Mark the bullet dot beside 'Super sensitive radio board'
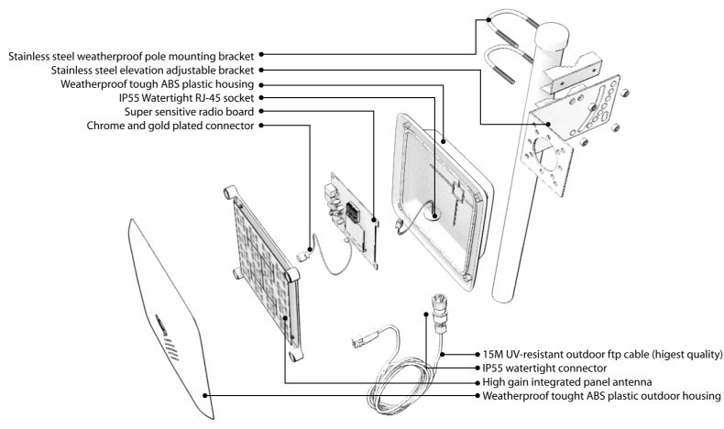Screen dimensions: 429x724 click(262, 111)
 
